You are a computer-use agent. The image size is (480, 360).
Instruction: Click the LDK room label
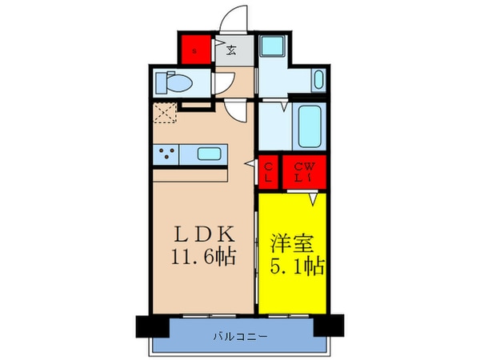204,236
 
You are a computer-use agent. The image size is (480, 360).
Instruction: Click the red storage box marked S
194,51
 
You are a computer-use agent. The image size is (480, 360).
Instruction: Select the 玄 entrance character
231,51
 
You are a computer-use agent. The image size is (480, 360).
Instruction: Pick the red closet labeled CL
269,171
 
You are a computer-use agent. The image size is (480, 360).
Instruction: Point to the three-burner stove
167,154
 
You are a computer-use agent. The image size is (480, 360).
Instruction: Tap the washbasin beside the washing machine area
318,81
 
